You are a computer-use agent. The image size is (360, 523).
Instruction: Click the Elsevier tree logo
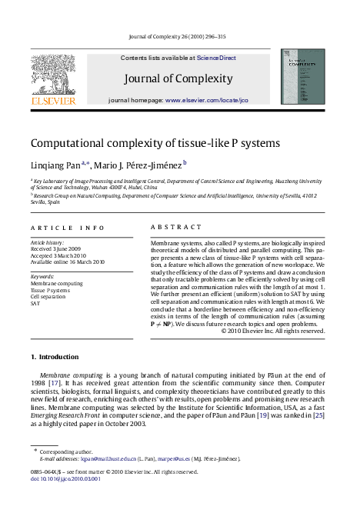coord(52,74)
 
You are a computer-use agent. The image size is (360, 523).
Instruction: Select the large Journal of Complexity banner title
coord(178,78)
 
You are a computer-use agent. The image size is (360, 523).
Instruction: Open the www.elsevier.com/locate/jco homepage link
coord(207,100)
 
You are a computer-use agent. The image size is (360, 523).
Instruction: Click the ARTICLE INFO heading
coord(67,228)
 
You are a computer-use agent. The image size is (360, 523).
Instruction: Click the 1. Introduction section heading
coord(54,357)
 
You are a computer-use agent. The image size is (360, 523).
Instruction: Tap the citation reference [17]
coord(54,382)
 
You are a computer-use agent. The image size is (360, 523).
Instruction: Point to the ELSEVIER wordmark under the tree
coord(52,101)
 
